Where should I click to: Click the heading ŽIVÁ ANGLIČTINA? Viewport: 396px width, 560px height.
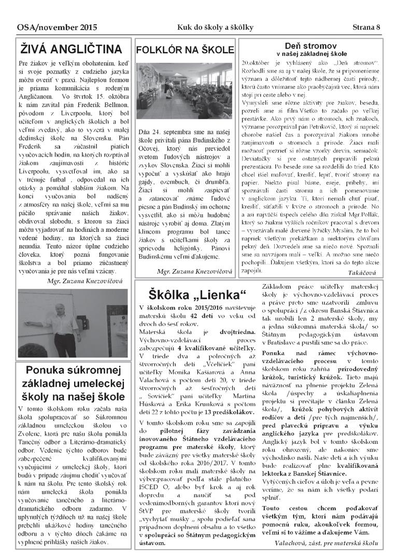click(x=70, y=49)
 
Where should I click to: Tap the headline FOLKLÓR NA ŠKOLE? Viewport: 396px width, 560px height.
click(x=185, y=50)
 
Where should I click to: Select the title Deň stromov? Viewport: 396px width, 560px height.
click(x=311, y=45)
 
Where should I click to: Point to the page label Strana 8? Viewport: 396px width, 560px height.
click(x=366, y=27)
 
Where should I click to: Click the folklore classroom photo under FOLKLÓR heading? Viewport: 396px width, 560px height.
click(x=185, y=91)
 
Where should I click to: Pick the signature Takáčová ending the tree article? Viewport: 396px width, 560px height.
click(x=363, y=272)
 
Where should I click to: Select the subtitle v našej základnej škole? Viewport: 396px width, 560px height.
click(x=311, y=53)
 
